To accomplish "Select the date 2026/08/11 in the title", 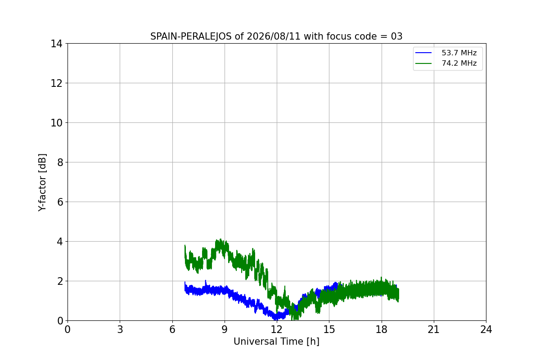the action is point(274,36).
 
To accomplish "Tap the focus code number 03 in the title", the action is point(396,36).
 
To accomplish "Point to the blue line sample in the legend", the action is point(423,53).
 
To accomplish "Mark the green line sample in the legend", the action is point(423,63).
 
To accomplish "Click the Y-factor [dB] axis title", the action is point(42,183).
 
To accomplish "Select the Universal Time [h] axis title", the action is point(276,342).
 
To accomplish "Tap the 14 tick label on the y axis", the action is point(56,44).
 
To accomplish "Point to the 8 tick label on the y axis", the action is point(60,162).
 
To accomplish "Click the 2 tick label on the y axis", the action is point(60,281).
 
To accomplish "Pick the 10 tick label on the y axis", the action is point(56,123).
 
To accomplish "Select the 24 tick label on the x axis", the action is point(486,329).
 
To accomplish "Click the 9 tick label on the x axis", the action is point(225,329).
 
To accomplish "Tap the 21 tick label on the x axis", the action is point(434,329).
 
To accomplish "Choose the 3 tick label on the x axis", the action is point(120,329).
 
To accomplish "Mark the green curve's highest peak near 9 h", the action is point(220,239).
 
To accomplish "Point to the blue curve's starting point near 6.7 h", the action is point(185,282).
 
